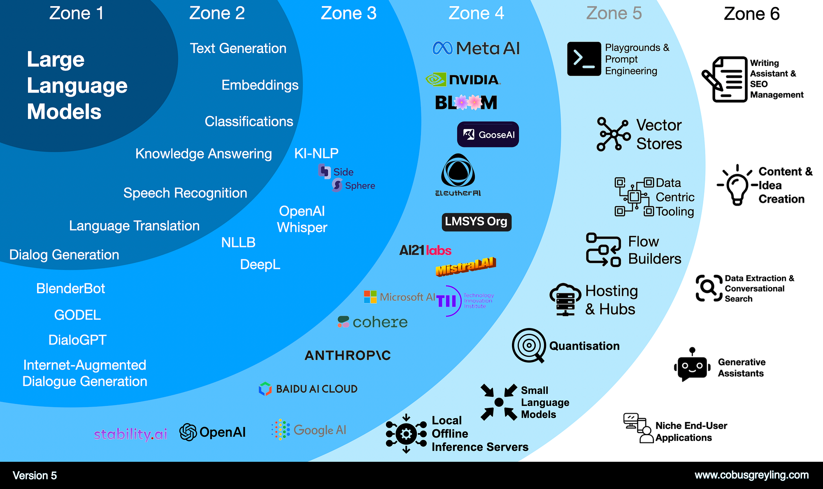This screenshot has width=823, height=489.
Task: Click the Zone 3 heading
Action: pyautogui.click(x=349, y=13)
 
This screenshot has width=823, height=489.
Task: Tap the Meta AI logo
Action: pyautogui.click(x=476, y=48)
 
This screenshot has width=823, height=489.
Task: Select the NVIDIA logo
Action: pyautogui.click(x=463, y=79)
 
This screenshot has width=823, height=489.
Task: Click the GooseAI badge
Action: pyautogui.click(x=488, y=135)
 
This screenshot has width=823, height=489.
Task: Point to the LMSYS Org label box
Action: pyautogui.click(x=476, y=222)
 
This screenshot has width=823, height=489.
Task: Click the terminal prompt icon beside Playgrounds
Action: pyautogui.click(x=584, y=59)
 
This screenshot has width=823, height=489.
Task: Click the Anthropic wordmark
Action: pyautogui.click(x=348, y=355)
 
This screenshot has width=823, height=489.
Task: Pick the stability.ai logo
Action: pyautogui.click(x=130, y=434)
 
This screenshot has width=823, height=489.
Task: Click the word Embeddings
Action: pyautogui.click(x=260, y=85)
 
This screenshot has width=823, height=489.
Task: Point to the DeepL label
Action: pyautogui.click(x=260, y=264)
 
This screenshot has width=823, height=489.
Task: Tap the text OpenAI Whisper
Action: pyautogui.click(x=302, y=219)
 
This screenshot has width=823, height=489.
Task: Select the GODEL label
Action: pyautogui.click(x=77, y=315)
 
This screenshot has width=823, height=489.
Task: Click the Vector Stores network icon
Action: pyautogui.click(x=613, y=134)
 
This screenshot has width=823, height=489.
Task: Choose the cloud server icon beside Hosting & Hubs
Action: pyautogui.click(x=565, y=299)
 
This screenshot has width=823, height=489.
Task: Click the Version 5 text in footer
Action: pyautogui.click(x=35, y=475)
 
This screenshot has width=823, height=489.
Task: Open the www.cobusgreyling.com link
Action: pyautogui.click(x=751, y=475)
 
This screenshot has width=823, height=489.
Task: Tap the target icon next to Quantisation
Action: pyautogui.click(x=529, y=345)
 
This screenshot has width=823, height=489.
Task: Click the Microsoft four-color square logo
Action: pyautogui.click(x=370, y=297)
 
